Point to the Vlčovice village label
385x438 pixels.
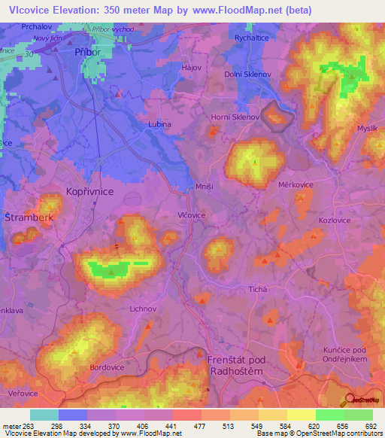coord(192,214)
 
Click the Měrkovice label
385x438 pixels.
coord(296,184)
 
